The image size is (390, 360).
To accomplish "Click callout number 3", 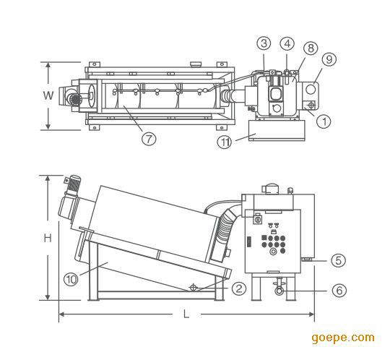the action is point(264,43).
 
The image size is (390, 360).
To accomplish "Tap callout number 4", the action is point(287,43).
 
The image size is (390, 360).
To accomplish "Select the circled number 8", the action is point(311,48).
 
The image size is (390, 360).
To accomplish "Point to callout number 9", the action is point(329,59).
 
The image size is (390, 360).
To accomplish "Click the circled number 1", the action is point(324,121).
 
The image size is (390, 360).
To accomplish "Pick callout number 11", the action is point(225,142).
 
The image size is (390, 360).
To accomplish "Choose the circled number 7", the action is point(149,138).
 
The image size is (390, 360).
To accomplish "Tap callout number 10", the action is point(71,279).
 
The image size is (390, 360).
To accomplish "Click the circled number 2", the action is point(239,288).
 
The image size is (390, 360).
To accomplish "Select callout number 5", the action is point(339,260).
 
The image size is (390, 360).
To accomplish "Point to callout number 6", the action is point(339,291).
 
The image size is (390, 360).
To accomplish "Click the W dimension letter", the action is point(48,95).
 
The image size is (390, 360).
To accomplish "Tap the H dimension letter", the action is point(48,239).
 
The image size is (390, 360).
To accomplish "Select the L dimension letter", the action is point(186,314).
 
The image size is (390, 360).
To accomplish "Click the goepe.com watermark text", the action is point(343,338).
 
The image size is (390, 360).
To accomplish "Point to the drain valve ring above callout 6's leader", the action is point(279,291).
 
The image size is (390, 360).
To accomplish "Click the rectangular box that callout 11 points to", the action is point(277,130).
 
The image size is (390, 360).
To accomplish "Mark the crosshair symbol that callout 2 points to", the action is point(193,288).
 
